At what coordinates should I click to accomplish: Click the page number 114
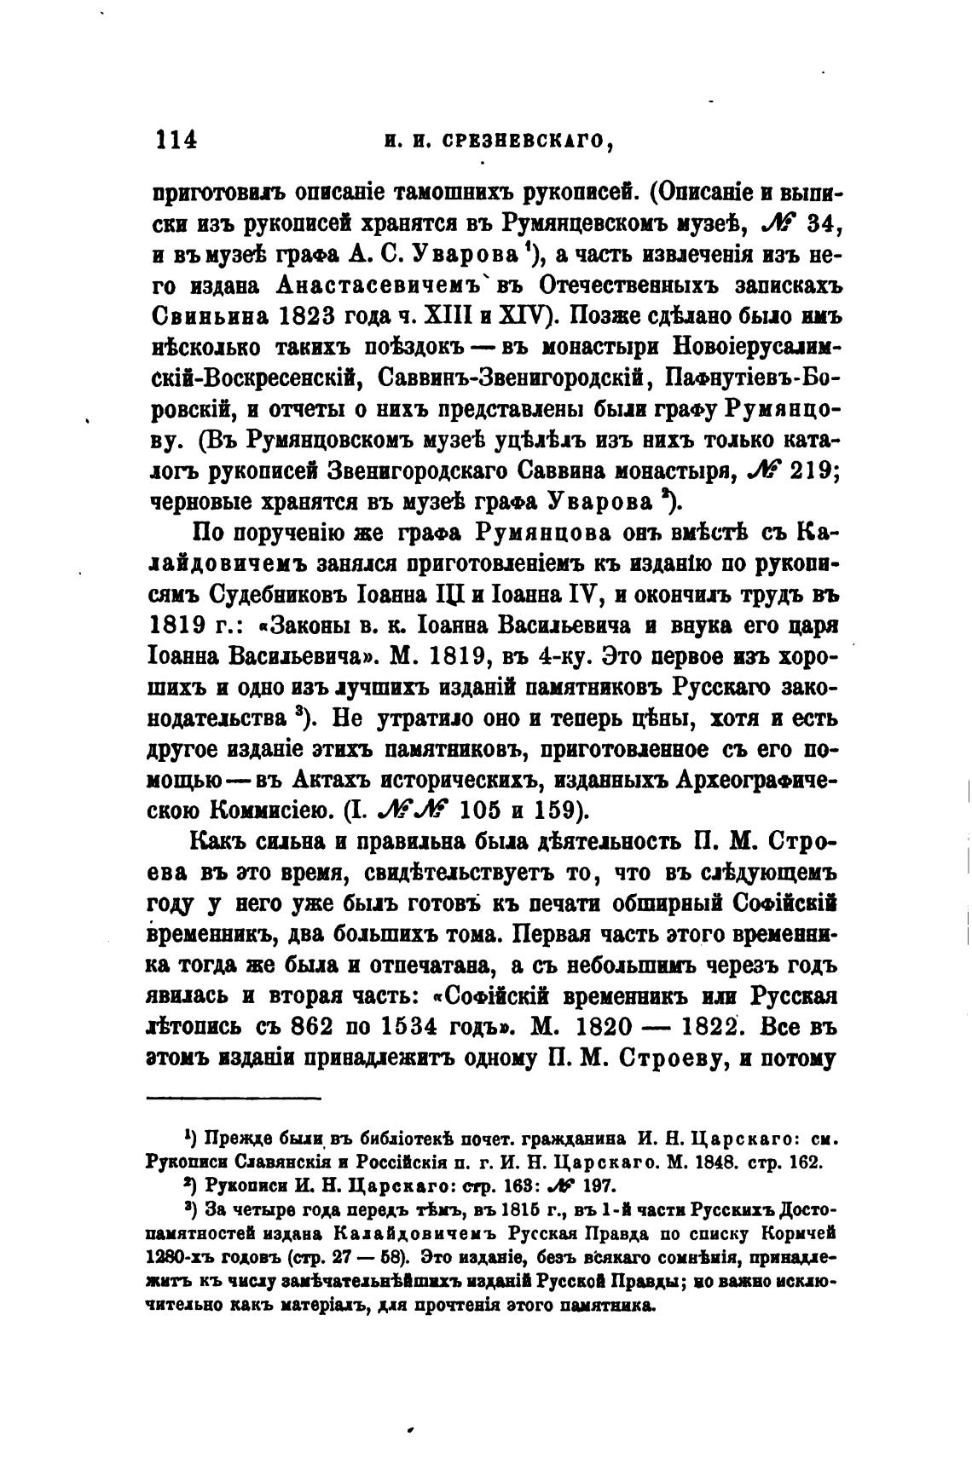(173, 140)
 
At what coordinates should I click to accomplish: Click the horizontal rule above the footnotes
(234, 1099)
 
